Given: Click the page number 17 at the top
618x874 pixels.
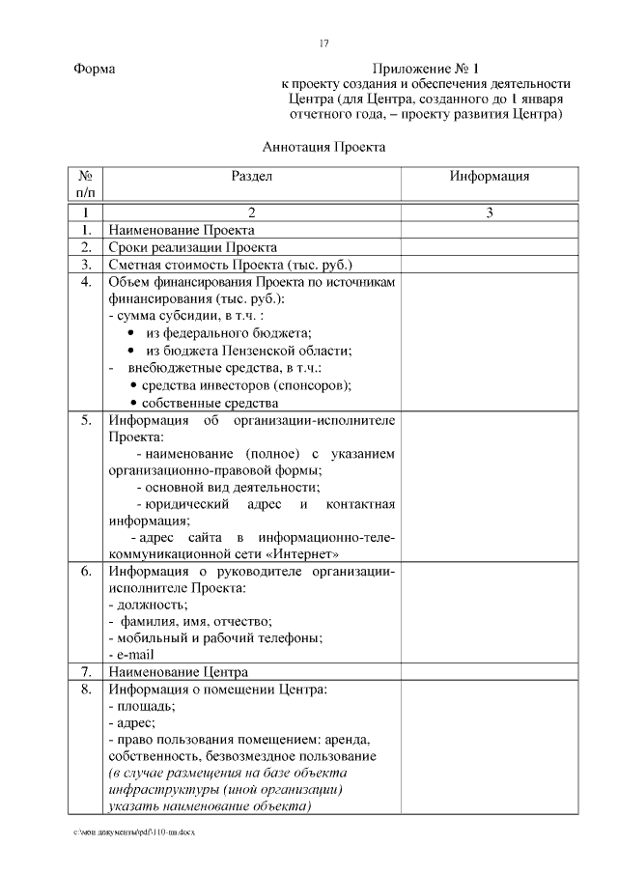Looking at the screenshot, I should [x=323, y=42].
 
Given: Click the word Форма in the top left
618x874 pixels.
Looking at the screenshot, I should [x=94, y=70].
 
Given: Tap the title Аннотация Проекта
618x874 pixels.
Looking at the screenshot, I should [x=323, y=148].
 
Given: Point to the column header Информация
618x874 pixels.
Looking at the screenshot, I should [x=490, y=177].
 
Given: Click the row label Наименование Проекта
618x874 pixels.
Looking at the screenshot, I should [x=182, y=231].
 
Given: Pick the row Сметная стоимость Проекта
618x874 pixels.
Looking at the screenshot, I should [x=231, y=264].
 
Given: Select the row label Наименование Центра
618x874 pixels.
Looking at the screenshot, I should [x=179, y=671].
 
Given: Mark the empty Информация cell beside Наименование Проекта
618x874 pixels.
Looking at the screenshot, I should [x=490, y=231].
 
